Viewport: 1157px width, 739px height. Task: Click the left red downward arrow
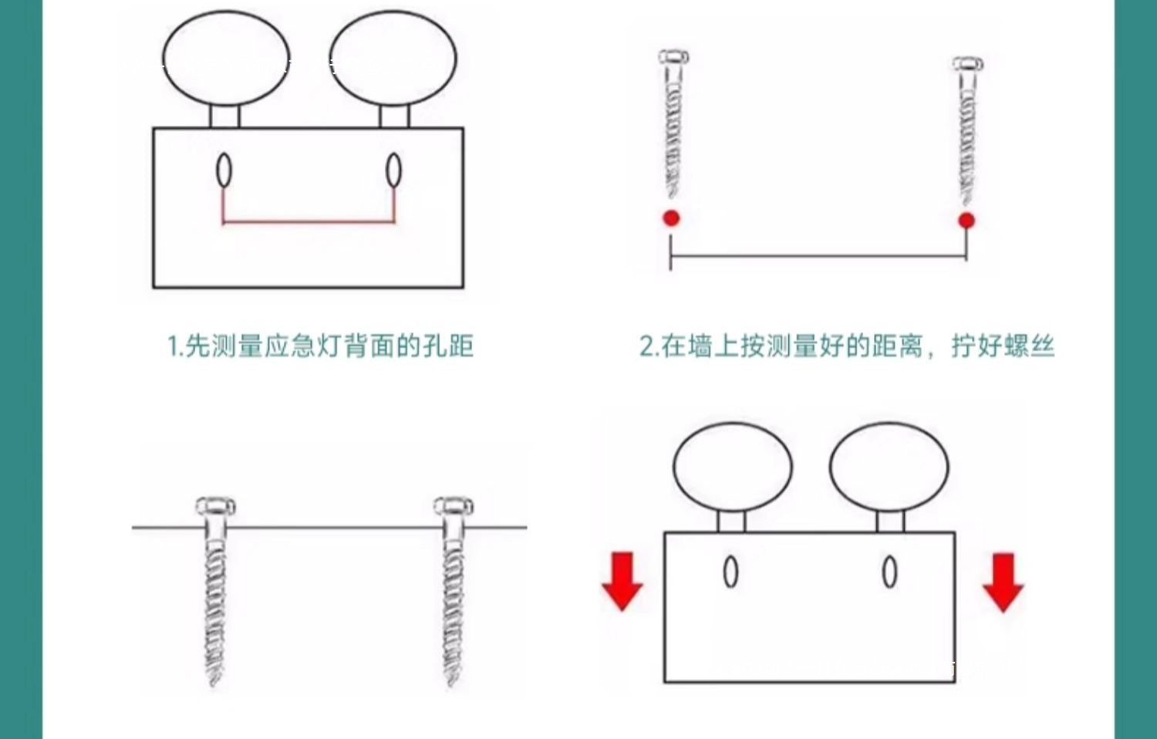pyautogui.click(x=622, y=581)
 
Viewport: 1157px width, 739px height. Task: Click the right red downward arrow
pyautogui.click(x=1003, y=582)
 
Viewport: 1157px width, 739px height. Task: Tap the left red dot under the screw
pyautogui.click(x=671, y=218)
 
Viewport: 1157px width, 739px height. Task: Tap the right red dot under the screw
pyautogui.click(x=966, y=221)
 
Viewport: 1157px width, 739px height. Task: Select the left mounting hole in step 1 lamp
pyautogui.click(x=224, y=170)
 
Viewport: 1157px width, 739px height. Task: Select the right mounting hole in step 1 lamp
pyautogui.click(x=393, y=170)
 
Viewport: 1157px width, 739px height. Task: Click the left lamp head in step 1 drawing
pyautogui.click(x=225, y=59)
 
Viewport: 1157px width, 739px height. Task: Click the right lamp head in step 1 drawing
pyautogui.click(x=393, y=59)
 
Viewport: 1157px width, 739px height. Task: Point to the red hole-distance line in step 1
pyautogui.click(x=309, y=222)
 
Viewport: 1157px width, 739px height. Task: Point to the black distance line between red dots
pyautogui.click(x=818, y=256)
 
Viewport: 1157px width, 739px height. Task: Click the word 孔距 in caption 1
pyautogui.click(x=448, y=346)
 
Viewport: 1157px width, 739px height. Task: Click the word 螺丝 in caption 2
pyautogui.click(x=1029, y=346)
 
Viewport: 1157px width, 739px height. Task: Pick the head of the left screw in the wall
pyautogui.click(x=215, y=508)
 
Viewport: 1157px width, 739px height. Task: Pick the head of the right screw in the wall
pyautogui.click(x=453, y=508)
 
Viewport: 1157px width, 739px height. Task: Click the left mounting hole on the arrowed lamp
pyautogui.click(x=730, y=572)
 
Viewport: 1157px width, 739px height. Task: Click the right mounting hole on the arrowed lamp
pyautogui.click(x=889, y=572)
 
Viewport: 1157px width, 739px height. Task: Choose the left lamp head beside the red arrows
pyautogui.click(x=732, y=467)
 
